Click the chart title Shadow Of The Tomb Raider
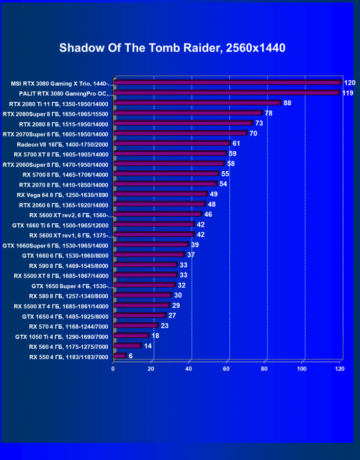click(x=172, y=48)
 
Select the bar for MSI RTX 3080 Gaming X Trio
click(x=227, y=82)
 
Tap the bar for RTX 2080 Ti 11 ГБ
click(x=197, y=103)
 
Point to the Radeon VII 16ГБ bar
click(x=172, y=144)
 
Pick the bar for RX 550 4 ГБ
click(x=119, y=356)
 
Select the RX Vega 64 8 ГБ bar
click(x=160, y=194)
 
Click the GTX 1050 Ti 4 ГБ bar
click(x=131, y=336)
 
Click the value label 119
click(x=348, y=93)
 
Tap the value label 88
click(x=287, y=103)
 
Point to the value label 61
click(x=236, y=144)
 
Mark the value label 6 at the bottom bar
click(x=131, y=356)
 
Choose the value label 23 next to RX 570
click(x=164, y=326)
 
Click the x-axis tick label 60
click(x=227, y=368)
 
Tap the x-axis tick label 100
click(x=302, y=368)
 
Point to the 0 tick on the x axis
click(x=113, y=368)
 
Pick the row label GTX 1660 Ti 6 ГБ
click(x=60, y=225)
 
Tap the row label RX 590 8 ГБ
click(x=68, y=265)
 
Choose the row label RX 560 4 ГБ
click(x=68, y=346)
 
